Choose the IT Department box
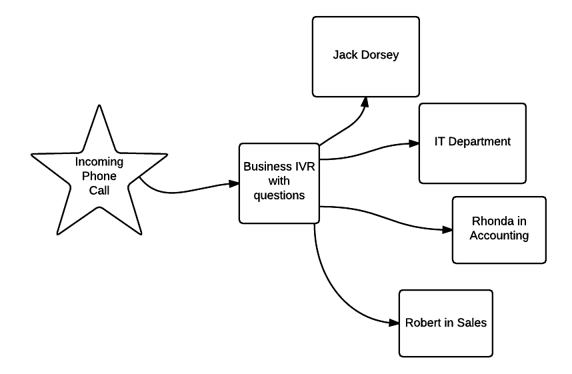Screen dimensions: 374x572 (x=472, y=143)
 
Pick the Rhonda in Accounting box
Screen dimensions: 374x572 (x=499, y=229)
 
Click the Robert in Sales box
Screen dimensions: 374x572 (x=445, y=323)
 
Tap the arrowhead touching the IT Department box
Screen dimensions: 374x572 (x=413, y=143)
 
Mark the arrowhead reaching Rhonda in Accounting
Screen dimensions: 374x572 (x=447, y=230)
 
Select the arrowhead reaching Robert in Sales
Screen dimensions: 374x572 (x=393, y=323)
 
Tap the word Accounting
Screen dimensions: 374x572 (x=499, y=235)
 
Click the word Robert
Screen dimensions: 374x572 (x=421, y=323)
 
